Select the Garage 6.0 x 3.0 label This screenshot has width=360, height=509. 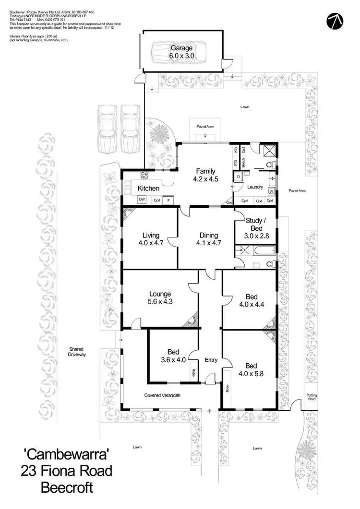click(180, 52)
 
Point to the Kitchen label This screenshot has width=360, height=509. click(148, 188)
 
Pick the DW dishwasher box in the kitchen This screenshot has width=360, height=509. click(142, 200)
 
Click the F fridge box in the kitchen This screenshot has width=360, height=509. click(168, 201)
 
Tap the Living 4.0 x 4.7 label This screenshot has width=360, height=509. click(151, 239)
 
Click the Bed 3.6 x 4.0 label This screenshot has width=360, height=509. click(173, 355)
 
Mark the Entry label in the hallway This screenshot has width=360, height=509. click(211, 360)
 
